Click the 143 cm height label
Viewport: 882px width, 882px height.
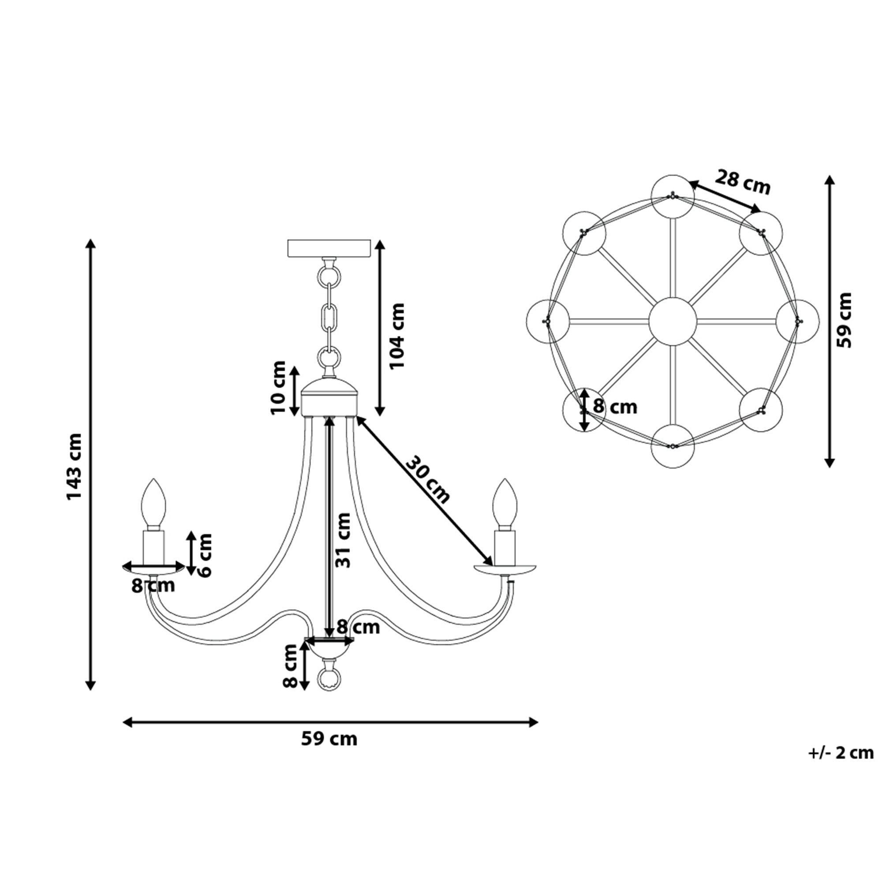[75, 467]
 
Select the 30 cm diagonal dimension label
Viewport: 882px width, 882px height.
[427, 479]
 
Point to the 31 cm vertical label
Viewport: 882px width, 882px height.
[343, 540]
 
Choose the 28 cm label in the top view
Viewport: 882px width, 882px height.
[743, 182]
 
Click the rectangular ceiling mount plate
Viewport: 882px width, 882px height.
[329, 248]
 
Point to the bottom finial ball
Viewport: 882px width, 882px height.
[329, 680]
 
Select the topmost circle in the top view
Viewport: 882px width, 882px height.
[673, 196]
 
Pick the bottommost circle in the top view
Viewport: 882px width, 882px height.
[673, 446]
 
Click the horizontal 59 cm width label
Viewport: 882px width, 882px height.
[329, 739]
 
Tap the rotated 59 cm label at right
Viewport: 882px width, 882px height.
[845, 320]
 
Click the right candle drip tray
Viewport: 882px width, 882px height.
[505, 570]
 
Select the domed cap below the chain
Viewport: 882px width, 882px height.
[329, 396]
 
